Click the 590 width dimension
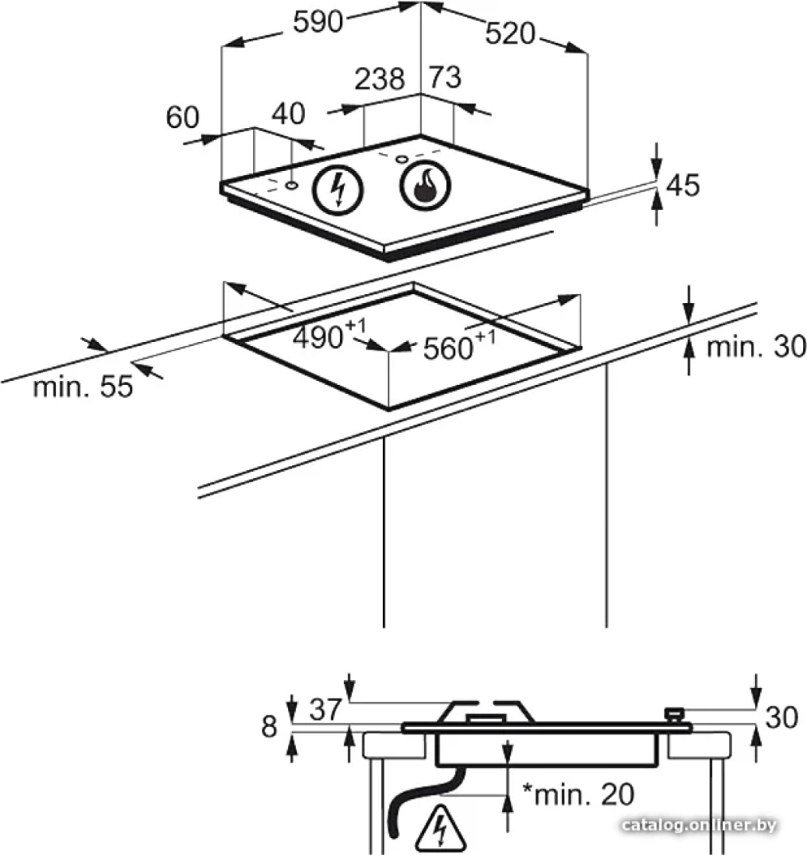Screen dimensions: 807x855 (x=318, y=23)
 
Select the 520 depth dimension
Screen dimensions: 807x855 (x=511, y=33)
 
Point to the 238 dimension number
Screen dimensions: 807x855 (x=380, y=79)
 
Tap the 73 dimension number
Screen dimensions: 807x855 (x=445, y=77)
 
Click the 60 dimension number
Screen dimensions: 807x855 (x=183, y=117)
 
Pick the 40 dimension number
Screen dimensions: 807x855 (x=289, y=114)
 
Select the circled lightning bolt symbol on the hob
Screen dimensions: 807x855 (x=338, y=189)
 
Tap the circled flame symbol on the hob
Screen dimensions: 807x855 (x=426, y=186)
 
